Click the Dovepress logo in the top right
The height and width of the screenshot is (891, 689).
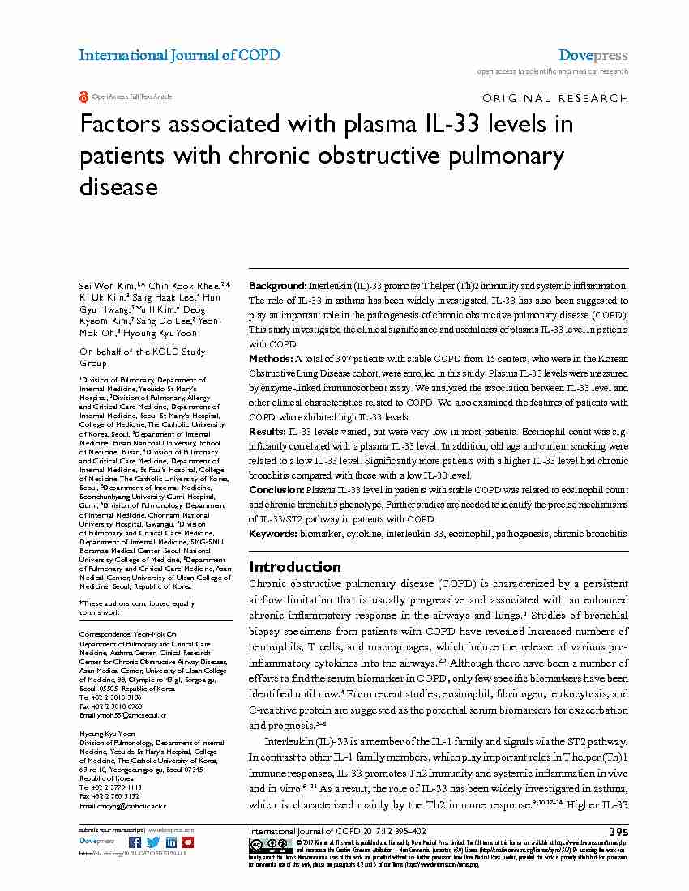(x=593, y=55)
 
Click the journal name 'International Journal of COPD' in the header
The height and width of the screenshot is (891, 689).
(x=179, y=55)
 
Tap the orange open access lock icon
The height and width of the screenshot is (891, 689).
(x=83, y=96)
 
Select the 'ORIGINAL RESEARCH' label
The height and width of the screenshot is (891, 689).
(x=554, y=98)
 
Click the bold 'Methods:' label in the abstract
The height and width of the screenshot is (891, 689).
(x=271, y=358)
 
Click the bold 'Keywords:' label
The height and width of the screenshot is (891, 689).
(x=273, y=535)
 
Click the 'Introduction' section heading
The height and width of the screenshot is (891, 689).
(x=294, y=566)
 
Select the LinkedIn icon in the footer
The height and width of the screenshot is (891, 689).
(x=171, y=842)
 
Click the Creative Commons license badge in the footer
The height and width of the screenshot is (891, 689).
(x=263, y=844)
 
